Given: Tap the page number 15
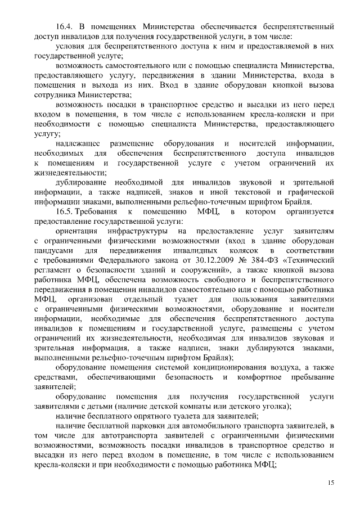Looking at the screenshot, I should [x=330, y=483].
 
